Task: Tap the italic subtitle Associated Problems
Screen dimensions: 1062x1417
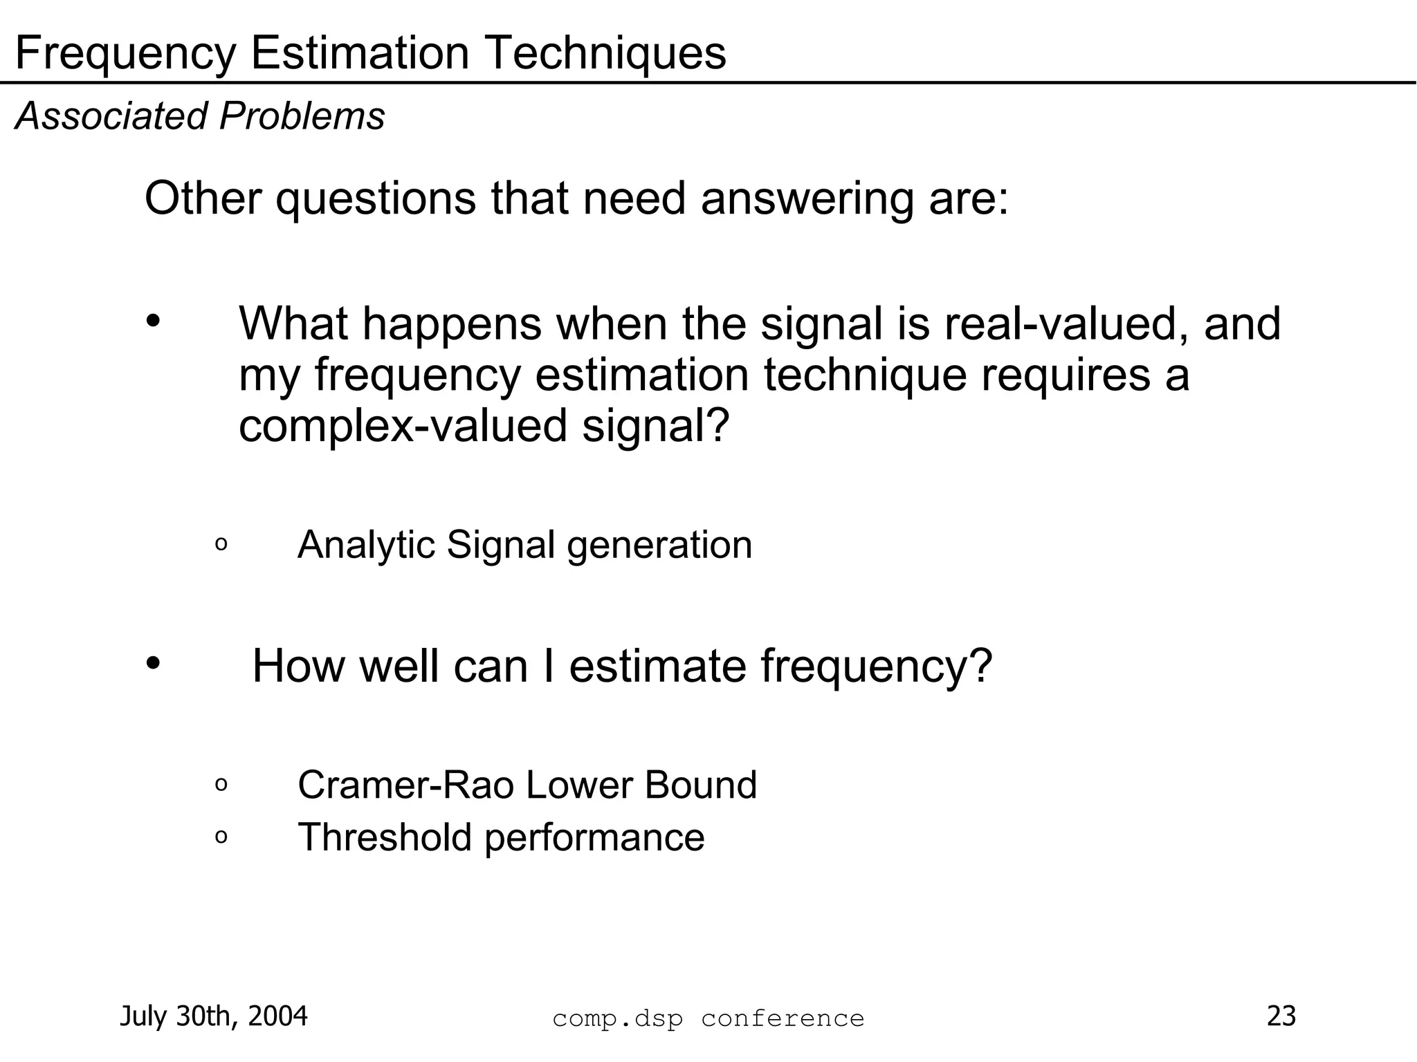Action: pos(200,115)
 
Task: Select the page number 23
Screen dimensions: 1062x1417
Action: pos(1281,1016)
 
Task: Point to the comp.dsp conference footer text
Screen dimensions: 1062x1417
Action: pos(708,1018)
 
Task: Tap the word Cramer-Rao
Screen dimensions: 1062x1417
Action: pos(405,785)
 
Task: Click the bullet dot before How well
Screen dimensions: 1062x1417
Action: pos(153,662)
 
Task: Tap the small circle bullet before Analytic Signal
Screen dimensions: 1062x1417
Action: pos(221,545)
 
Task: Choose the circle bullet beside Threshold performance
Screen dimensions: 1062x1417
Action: pos(221,837)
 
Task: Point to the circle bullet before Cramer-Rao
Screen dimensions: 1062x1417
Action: pos(221,785)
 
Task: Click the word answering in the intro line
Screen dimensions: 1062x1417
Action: pos(807,199)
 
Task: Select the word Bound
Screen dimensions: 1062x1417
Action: pos(700,785)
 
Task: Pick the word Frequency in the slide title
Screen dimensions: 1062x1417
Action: pos(125,55)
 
